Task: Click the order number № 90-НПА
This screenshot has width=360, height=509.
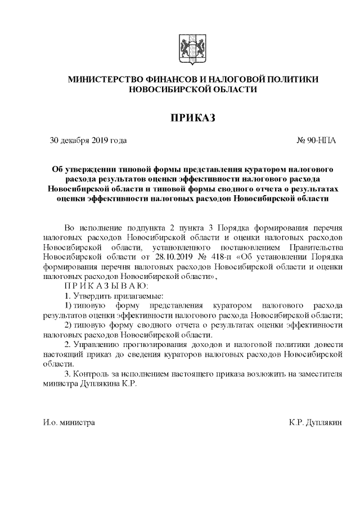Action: pos(316,140)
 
